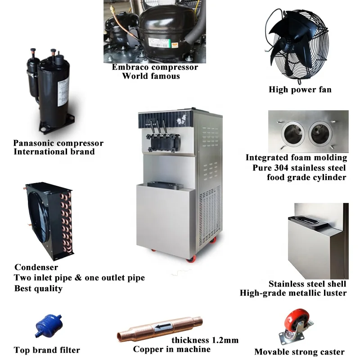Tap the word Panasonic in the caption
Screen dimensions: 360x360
[33, 144]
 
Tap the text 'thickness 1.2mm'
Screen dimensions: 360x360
[205, 340]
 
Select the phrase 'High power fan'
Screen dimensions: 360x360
[300, 90]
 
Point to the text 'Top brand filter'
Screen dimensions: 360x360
[47, 350]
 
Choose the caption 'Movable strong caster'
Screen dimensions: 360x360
[299, 352]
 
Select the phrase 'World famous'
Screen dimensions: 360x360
[151, 76]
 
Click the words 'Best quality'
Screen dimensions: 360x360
[38, 288]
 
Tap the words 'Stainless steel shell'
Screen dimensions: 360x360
[307, 284]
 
